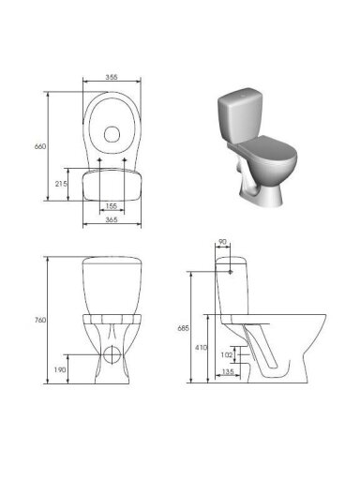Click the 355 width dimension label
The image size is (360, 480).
pos(112,77)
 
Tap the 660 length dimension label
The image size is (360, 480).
pos(40,146)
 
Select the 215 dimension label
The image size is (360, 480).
pos(61,184)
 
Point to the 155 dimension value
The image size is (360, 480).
pos(112,206)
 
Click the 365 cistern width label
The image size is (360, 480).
pos(112,219)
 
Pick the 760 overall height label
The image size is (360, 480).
pos(40,320)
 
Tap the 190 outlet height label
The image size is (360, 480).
pos(60,369)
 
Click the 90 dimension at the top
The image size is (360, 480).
pos(222,242)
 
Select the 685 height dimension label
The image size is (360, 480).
pos(184,328)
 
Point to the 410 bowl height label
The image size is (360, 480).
pos(201,348)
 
